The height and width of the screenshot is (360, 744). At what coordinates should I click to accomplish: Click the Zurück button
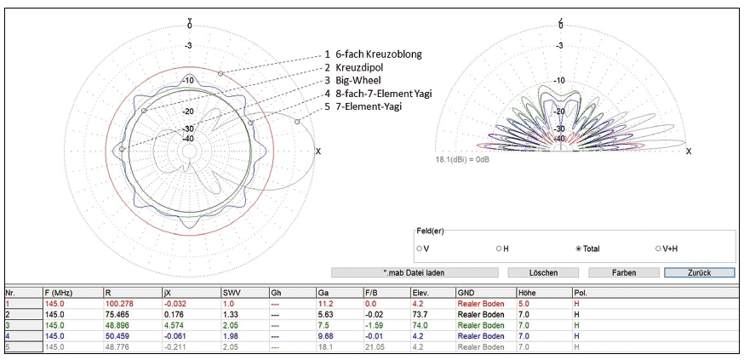click(x=688, y=272)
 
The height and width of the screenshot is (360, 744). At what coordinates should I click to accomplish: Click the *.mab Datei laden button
click(x=413, y=272)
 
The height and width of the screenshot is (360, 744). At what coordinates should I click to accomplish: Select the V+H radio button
click(x=658, y=249)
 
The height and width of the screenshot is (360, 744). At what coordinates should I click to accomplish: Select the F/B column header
click(x=372, y=291)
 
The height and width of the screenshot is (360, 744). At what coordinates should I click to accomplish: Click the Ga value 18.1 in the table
click(x=323, y=346)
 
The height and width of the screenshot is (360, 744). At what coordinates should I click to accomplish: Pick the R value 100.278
click(x=119, y=302)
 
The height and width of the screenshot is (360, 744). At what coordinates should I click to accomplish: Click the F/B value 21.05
click(x=374, y=346)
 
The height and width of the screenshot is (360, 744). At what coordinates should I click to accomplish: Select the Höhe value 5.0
click(x=524, y=302)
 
